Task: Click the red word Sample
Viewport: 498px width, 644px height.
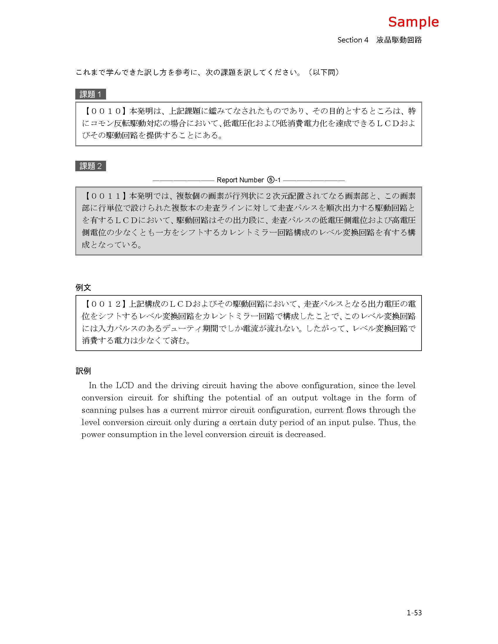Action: point(413,22)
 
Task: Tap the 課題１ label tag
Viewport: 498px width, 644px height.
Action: point(90,94)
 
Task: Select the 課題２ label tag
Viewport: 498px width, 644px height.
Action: point(90,166)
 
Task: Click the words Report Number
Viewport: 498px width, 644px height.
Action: point(240,180)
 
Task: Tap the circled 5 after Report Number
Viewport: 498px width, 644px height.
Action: point(270,180)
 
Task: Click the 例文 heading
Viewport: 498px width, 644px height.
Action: point(83,287)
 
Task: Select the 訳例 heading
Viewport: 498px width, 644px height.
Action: point(83,371)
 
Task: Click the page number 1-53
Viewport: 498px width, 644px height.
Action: point(414,613)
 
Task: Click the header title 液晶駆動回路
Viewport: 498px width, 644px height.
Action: point(399,40)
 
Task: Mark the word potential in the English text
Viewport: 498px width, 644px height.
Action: point(243,398)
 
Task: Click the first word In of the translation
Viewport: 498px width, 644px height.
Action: point(92,386)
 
